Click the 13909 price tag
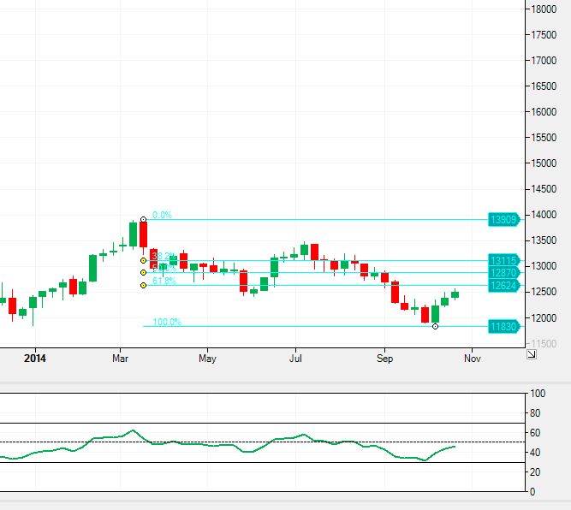tap(503, 219)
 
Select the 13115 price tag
tap(503, 260)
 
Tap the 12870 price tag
tap(503, 272)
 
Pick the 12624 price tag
tap(503, 285)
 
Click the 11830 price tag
tap(503, 326)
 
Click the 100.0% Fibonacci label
tap(167, 322)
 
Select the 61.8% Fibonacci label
tap(164, 281)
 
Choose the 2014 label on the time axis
tap(35, 359)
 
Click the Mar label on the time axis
tap(120, 359)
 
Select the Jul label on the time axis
tap(296, 359)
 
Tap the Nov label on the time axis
tap(472, 359)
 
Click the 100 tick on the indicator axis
tap(538, 394)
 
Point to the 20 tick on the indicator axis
tap(536, 472)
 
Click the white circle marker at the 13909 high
tap(143, 219)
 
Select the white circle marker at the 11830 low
tap(436, 326)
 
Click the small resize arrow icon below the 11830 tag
tap(531, 353)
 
